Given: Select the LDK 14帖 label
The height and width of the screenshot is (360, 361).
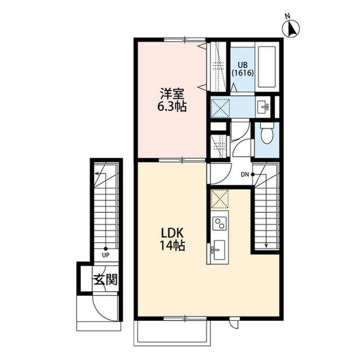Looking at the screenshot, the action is coord(173,239).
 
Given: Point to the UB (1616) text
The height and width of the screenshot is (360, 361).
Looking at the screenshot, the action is coord(243,69).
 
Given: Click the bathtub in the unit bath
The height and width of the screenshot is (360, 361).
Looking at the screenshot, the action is coord(267,67).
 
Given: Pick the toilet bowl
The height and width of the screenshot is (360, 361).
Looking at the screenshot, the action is coord(267,134).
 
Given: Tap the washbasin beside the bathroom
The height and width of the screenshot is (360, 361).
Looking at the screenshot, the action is coord(263,107).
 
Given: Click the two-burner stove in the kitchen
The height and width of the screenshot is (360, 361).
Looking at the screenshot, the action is coord(220,223).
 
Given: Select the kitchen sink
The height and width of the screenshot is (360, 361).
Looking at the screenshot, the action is coord(218,251).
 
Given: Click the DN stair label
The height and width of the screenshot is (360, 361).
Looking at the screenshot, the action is coord(245,175).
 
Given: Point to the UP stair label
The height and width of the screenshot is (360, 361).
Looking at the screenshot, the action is coord(105,255).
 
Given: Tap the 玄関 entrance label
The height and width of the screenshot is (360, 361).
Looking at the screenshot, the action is coord(105,280).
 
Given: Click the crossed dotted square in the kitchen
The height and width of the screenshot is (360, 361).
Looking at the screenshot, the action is coord(220,199).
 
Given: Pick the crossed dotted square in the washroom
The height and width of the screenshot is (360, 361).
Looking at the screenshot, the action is coord(221,108).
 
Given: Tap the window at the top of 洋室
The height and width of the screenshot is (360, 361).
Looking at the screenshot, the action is coord(184,39).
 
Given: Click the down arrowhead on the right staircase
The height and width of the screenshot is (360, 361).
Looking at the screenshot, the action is coord(266,245).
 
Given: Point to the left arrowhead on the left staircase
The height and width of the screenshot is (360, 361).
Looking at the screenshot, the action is coord(97,174).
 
